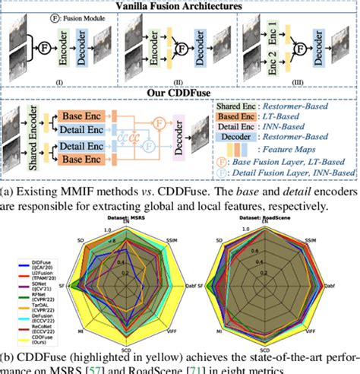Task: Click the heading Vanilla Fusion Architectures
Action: [179, 6]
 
